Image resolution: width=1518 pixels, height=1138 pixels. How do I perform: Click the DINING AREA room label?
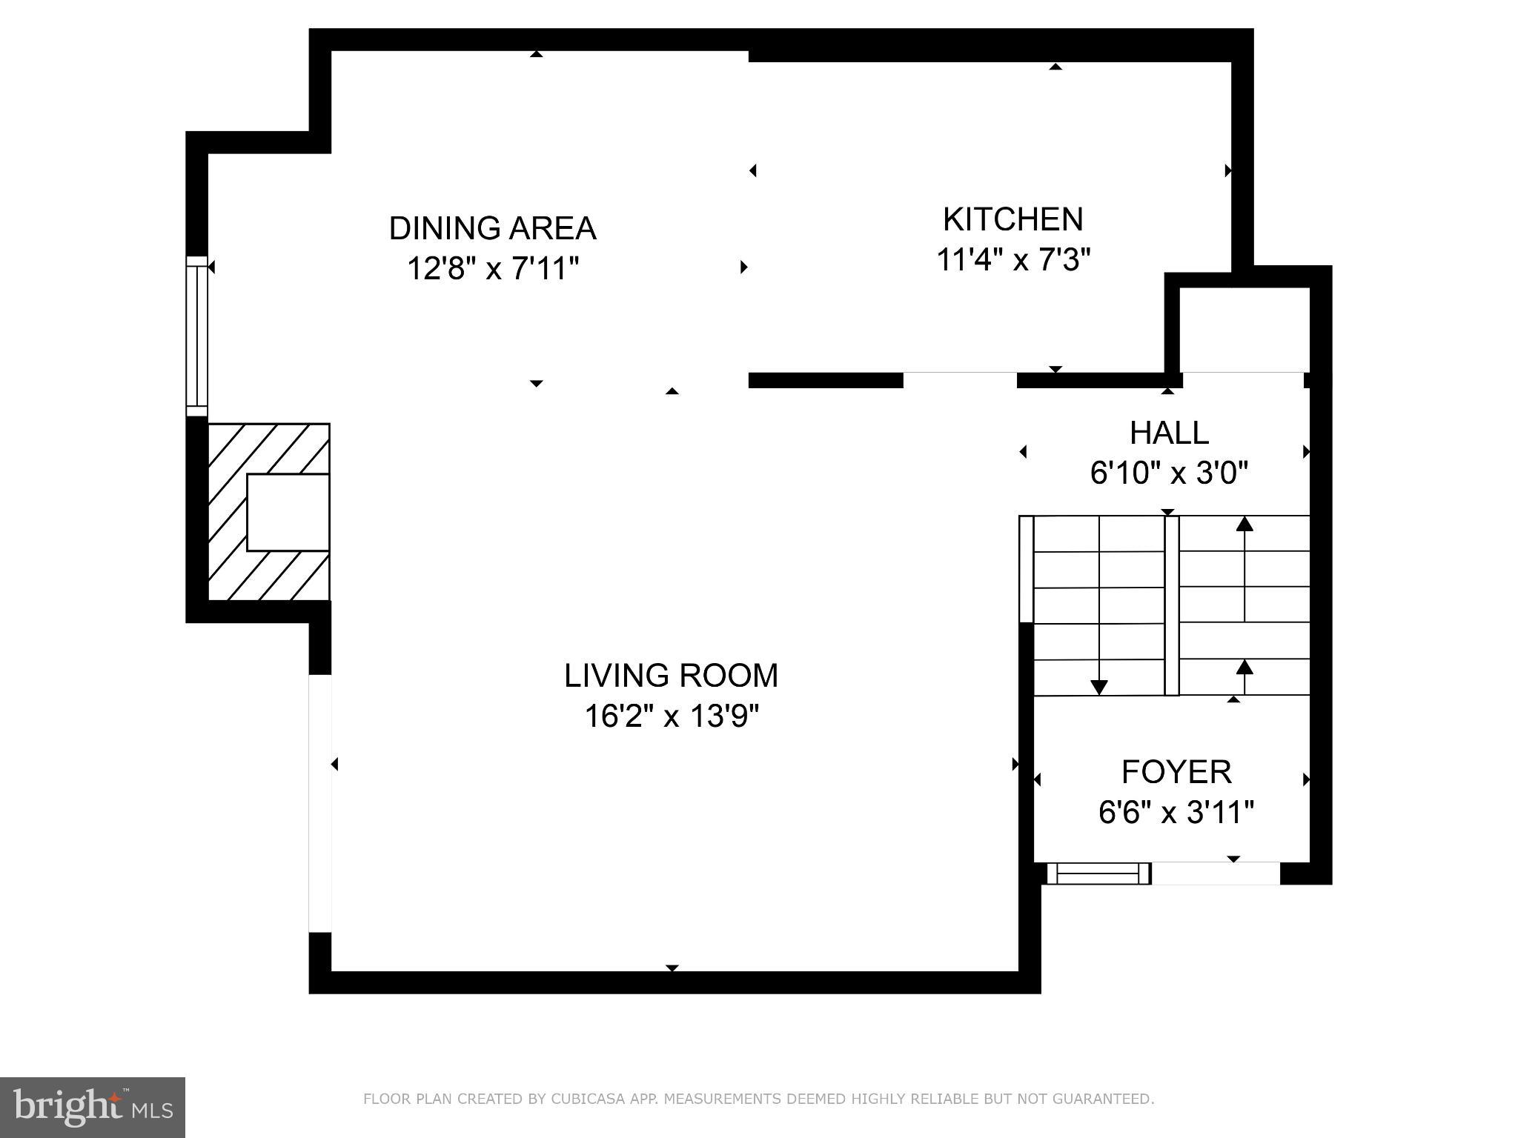tap(492, 228)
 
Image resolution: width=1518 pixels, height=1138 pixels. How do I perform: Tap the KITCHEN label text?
tap(1012, 219)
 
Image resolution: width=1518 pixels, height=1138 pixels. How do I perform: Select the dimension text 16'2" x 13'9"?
tap(672, 716)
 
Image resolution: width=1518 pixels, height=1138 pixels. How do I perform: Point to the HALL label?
tap(1169, 433)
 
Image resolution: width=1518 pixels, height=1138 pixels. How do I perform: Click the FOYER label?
tap(1176, 772)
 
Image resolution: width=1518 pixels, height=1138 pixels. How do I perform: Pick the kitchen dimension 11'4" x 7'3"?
tap(1012, 260)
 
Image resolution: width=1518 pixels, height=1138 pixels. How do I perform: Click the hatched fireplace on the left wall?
tap(268, 512)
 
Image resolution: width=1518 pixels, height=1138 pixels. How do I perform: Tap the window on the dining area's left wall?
tap(197, 336)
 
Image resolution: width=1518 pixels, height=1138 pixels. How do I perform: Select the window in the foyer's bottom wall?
tap(1098, 874)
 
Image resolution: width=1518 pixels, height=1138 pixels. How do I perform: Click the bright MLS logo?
tap(93, 1107)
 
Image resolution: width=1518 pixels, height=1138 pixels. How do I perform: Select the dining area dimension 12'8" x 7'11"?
tap(492, 268)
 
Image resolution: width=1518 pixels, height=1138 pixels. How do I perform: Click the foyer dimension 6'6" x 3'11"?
tap(1176, 813)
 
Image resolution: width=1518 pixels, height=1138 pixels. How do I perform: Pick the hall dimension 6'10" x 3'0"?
tap(1169, 473)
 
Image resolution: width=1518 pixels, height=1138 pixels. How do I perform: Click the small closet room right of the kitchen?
tap(1244, 330)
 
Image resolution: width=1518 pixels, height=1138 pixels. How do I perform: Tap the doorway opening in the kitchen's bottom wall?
tap(960, 380)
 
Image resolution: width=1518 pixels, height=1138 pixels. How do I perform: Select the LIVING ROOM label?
tap(672, 676)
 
